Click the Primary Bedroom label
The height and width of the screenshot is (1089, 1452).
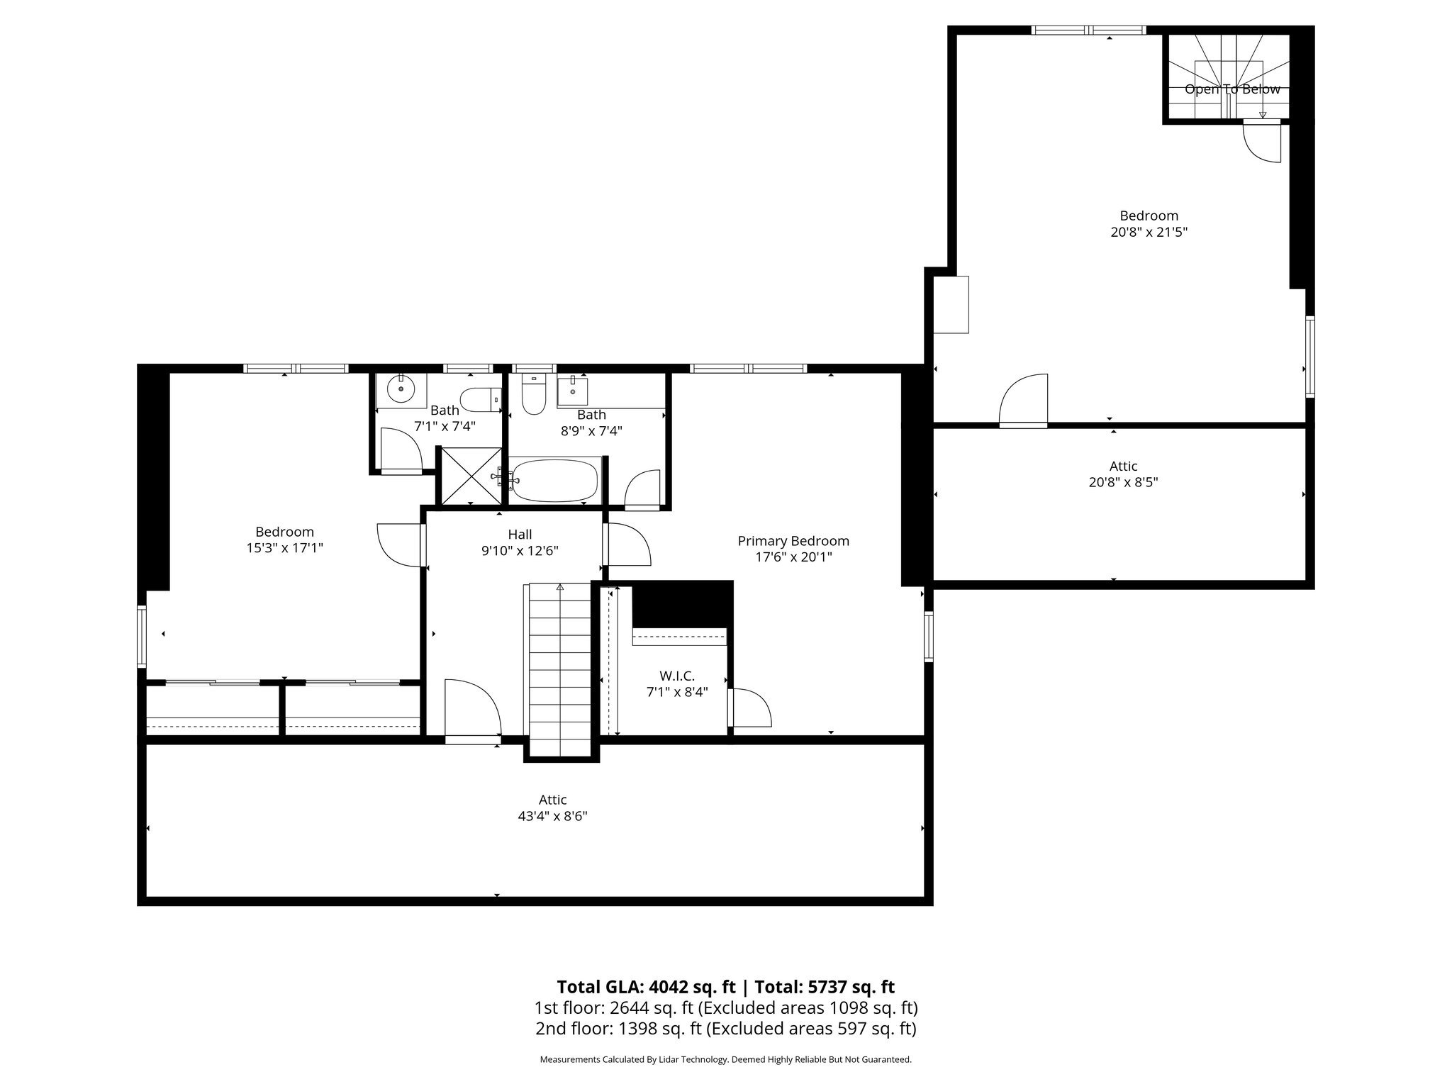(x=793, y=541)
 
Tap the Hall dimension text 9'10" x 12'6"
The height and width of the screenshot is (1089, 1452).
(x=520, y=551)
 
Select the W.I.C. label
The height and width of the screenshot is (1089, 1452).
(x=676, y=676)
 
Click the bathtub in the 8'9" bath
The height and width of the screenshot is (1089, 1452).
(x=555, y=481)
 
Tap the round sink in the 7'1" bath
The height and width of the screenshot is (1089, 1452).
(x=401, y=389)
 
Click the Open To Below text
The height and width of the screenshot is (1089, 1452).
(x=1232, y=89)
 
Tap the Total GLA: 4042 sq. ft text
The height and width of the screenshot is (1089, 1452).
(x=646, y=987)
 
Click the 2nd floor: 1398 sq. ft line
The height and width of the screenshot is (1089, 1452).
(x=725, y=1029)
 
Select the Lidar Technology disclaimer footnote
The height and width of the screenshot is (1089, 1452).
(x=725, y=1059)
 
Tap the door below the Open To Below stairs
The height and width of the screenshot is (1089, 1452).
(x=1263, y=142)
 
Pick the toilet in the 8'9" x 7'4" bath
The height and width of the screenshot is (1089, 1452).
(x=532, y=397)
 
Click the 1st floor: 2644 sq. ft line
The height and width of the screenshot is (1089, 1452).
(x=725, y=1007)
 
